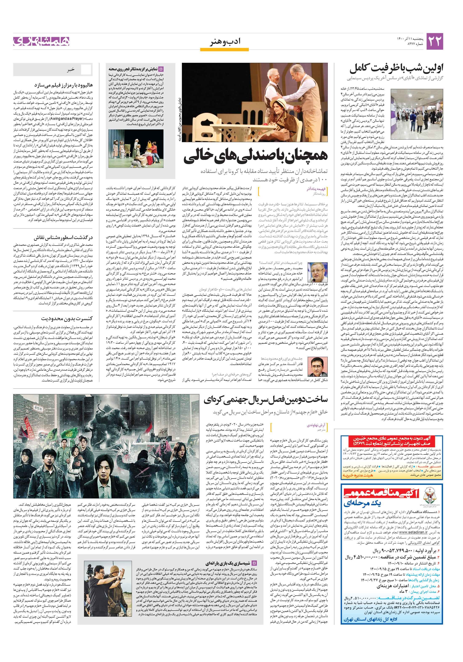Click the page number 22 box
(x=434, y=41)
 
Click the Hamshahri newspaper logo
(x=41, y=41)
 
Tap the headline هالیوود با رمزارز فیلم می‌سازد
(x=63, y=85)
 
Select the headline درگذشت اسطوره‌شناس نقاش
(x=63, y=238)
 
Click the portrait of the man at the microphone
(x=317, y=273)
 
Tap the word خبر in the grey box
(x=71, y=70)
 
